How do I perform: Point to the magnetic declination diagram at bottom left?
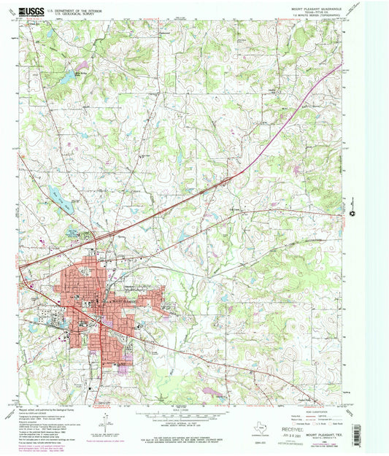[x=104, y=423]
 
